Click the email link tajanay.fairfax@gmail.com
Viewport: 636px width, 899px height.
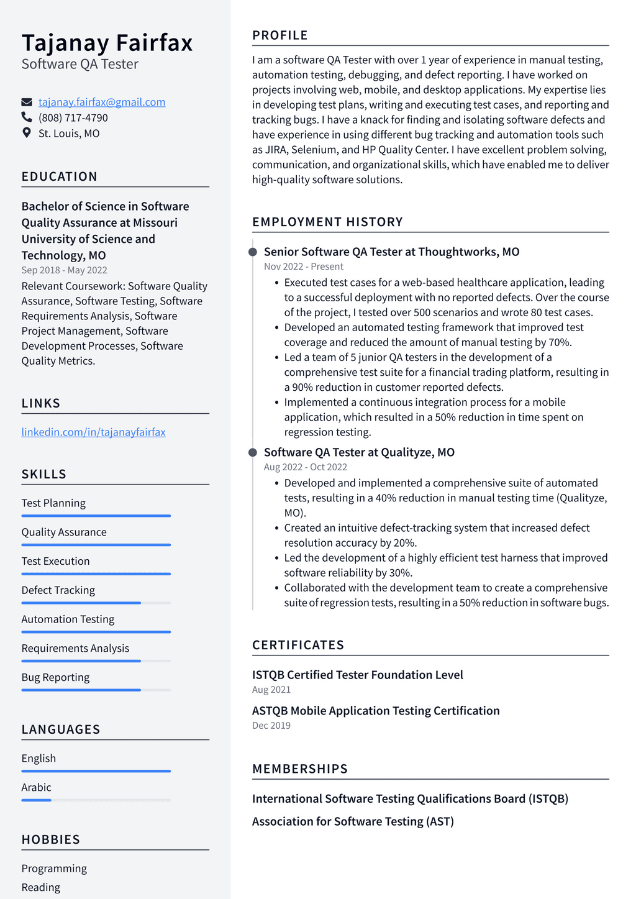(102, 102)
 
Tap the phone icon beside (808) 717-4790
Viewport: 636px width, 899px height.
(27, 117)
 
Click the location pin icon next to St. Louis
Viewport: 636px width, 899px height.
(27, 133)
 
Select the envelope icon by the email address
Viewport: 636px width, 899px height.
(27, 102)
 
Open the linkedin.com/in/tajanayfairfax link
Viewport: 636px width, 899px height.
(93, 432)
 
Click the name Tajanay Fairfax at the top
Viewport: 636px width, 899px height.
(107, 43)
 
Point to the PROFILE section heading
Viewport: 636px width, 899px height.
(280, 35)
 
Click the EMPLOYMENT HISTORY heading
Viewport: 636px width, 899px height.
(327, 222)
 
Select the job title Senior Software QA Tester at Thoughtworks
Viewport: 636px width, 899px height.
(391, 252)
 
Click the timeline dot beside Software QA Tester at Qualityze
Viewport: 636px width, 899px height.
(253, 452)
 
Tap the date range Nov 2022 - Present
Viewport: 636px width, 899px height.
(303, 267)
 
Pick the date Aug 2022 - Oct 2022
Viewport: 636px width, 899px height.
(305, 467)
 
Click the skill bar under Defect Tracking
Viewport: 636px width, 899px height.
(96, 603)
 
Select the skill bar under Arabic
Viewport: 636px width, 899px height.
(96, 800)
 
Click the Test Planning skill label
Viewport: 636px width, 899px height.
(53, 503)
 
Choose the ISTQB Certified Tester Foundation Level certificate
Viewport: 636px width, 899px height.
(357, 675)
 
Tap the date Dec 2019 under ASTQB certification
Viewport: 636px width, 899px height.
(271, 726)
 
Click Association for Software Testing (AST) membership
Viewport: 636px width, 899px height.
(353, 821)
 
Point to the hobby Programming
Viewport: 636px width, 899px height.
(54, 869)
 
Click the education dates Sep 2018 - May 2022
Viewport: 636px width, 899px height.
(64, 270)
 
